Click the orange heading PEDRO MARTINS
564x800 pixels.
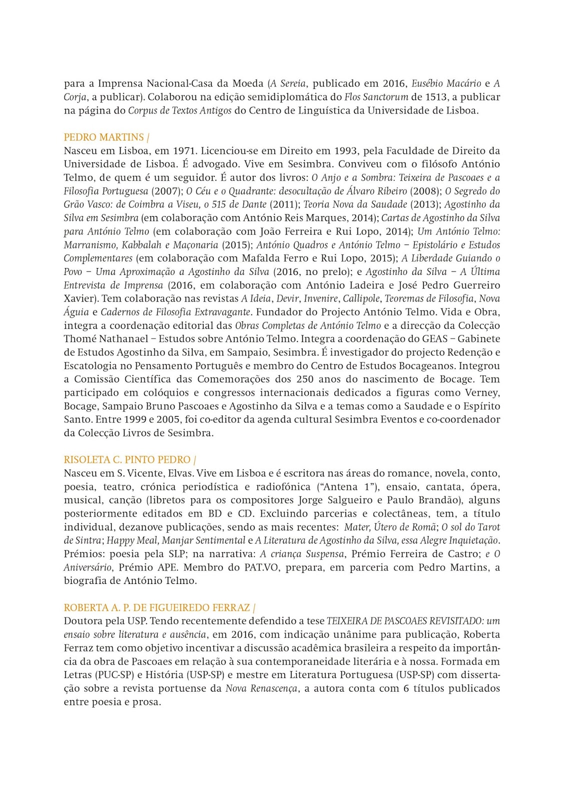[x=104, y=137]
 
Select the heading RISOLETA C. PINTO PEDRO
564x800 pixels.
[x=127, y=459]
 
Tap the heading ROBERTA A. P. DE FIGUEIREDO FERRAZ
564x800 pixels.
[x=157, y=607]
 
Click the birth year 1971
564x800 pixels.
[x=184, y=150]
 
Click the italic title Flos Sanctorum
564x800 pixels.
[x=376, y=97]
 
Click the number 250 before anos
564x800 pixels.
[x=305, y=379]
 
